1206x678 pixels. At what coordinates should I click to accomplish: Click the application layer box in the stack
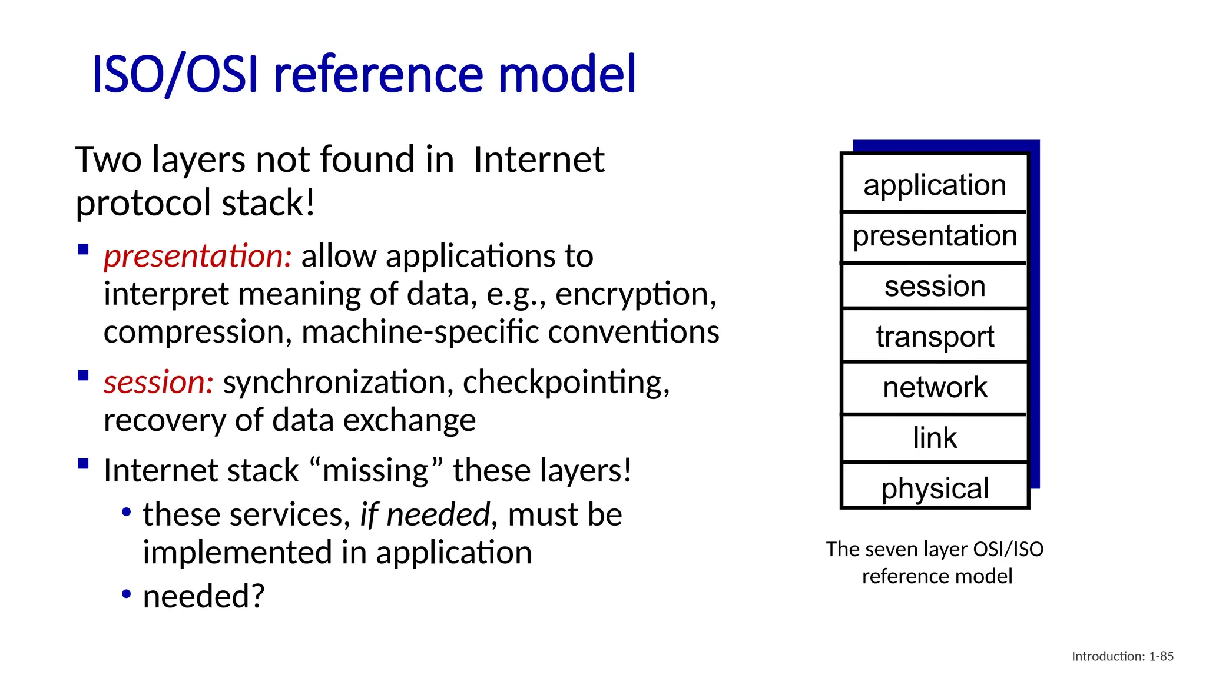tap(935, 184)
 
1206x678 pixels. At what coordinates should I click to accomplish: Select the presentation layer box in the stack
tap(935, 235)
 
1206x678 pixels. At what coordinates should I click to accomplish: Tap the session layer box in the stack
tap(935, 286)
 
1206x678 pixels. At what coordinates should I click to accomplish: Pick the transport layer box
tap(935, 336)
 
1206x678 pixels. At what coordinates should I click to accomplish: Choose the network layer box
tap(935, 387)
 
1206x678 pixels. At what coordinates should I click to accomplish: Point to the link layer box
tap(935, 438)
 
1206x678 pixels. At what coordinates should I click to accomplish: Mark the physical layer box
tap(935, 488)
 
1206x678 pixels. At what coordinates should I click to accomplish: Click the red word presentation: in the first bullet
tap(197, 257)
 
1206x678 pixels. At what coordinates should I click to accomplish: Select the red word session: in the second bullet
tap(158, 383)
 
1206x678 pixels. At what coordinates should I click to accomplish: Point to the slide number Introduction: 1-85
tap(1122, 656)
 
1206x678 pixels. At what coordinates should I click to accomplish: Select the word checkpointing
tap(565, 383)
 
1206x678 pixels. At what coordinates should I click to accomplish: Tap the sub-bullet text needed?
tap(204, 596)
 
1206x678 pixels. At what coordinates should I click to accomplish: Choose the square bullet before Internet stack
tap(83, 463)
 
